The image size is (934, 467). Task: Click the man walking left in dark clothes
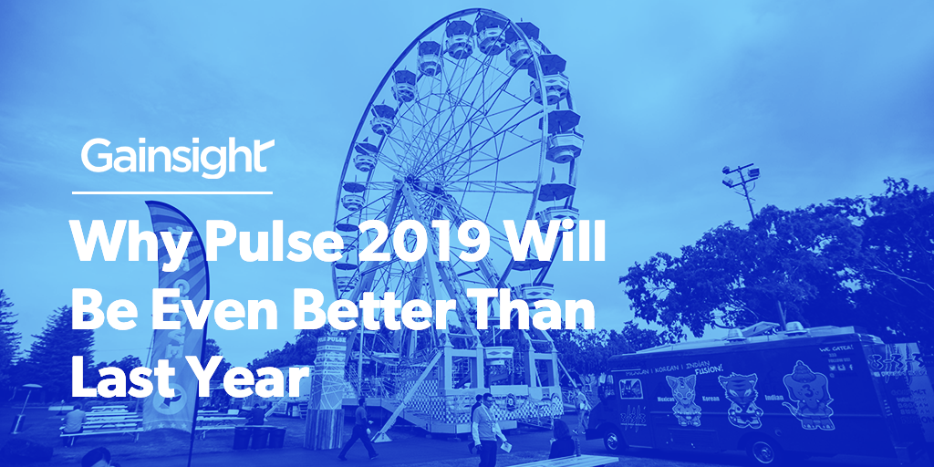[x=359, y=429]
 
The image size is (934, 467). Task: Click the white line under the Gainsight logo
[x=172, y=192]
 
